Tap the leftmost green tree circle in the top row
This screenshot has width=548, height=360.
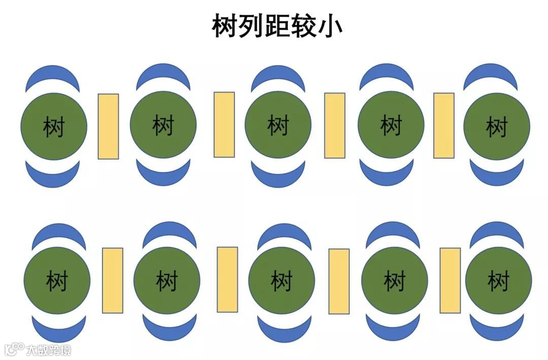[54, 125]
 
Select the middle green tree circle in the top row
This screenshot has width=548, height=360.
[278, 125]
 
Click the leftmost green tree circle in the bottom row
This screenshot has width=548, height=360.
[57, 280]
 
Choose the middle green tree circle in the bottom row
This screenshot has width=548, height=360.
[281, 280]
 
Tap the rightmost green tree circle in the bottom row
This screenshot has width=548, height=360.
[498, 280]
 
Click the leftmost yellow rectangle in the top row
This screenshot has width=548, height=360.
[108, 126]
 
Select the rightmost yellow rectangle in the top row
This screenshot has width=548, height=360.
[443, 125]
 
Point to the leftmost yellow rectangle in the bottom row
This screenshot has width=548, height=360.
[113, 280]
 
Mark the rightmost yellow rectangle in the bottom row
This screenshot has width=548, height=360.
[450, 280]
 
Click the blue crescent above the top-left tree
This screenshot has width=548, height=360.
[53, 77]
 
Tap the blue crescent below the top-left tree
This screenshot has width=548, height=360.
[53, 175]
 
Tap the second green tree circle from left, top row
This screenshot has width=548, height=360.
[163, 125]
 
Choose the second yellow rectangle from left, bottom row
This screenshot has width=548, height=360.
[227, 279]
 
